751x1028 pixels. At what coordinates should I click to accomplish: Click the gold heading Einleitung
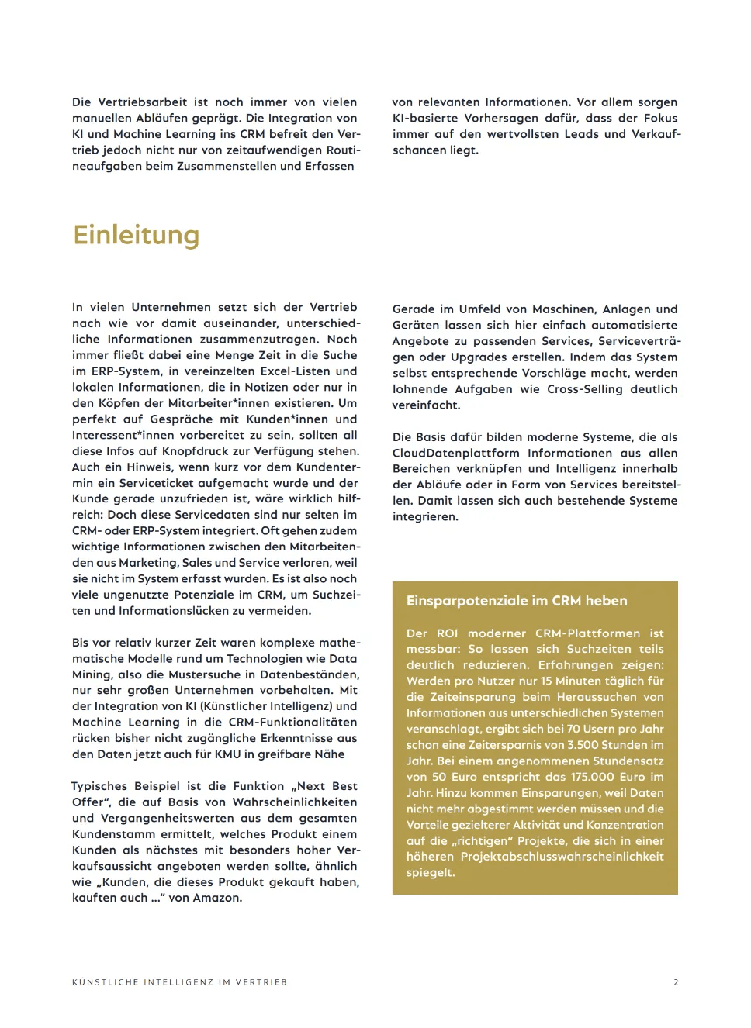click(x=136, y=235)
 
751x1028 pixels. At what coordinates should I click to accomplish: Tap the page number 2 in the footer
click(x=676, y=982)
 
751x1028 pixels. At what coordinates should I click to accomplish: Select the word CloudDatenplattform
click(x=456, y=453)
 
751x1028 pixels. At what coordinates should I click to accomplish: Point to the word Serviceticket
click(x=158, y=483)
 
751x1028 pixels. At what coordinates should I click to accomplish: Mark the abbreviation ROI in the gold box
click(x=448, y=633)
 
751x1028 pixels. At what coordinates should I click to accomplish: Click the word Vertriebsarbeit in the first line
click(x=143, y=102)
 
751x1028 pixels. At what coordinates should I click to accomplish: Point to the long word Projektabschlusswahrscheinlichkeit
click(x=562, y=857)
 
